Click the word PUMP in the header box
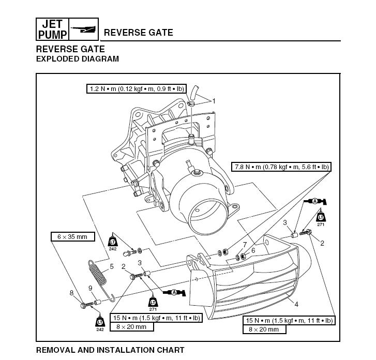tap(52, 35)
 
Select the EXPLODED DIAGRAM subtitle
tap(77, 59)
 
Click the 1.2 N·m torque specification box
tap(136, 89)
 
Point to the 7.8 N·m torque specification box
tap(281, 167)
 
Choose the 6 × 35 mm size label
tap(72, 237)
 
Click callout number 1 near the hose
tap(213, 100)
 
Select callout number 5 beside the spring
tap(112, 267)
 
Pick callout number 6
tap(253, 250)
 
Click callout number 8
tap(71, 293)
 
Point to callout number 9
tap(90, 288)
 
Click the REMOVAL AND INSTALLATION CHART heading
tap(110, 350)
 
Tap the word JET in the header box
tap(52, 24)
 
